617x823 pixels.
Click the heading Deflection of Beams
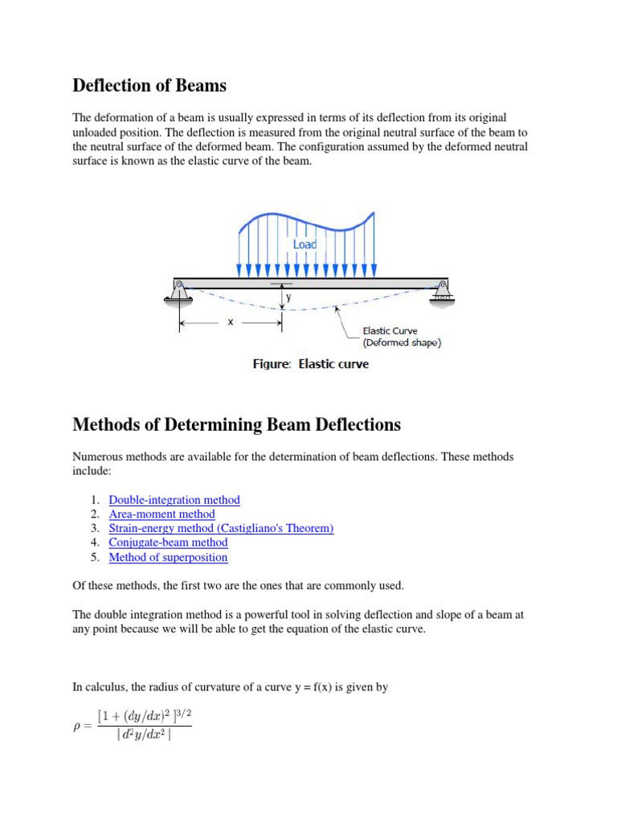(149, 84)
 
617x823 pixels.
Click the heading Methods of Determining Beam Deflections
(236, 424)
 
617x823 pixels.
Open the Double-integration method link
(174, 500)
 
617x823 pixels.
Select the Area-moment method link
(161, 514)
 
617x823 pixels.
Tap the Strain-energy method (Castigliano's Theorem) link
(221, 529)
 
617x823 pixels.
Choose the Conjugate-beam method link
(168, 543)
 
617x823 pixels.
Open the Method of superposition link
(168, 558)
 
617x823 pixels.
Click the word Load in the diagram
(304, 244)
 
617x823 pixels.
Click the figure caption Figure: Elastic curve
(311, 364)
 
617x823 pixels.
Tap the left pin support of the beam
(179, 290)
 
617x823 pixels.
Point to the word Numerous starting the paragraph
(97, 457)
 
